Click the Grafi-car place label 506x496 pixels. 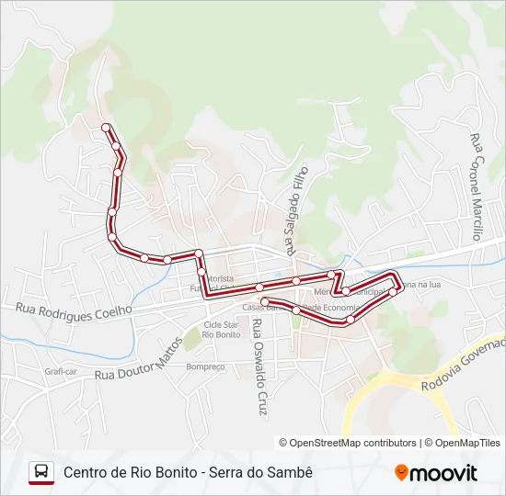[60, 372]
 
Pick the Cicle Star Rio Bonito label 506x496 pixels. [222, 329]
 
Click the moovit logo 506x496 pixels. [436, 473]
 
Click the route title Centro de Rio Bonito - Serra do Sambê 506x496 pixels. [189, 472]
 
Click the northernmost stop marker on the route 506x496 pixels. [107, 128]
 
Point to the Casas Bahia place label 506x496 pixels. [261, 307]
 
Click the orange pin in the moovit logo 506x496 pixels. [401, 473]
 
